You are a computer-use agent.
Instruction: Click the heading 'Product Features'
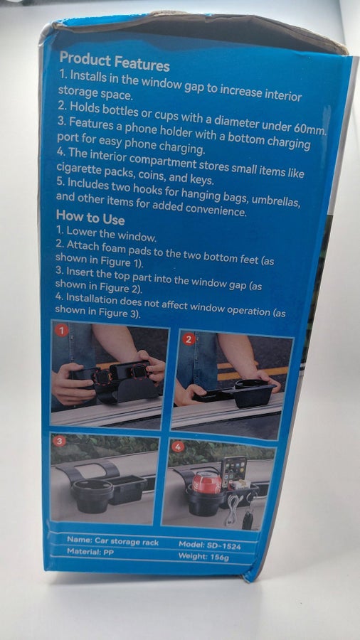[115, 62]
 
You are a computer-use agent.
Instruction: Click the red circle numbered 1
[62, 331]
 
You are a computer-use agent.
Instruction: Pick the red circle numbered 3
[60, 441]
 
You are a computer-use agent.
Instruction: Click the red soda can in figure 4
[206, 482]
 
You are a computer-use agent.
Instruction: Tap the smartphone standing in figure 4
[234, 474]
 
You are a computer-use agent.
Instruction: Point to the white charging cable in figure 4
[233, 510]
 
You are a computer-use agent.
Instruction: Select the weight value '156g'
[219, 558]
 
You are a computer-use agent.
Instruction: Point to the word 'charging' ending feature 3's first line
[289, 142]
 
